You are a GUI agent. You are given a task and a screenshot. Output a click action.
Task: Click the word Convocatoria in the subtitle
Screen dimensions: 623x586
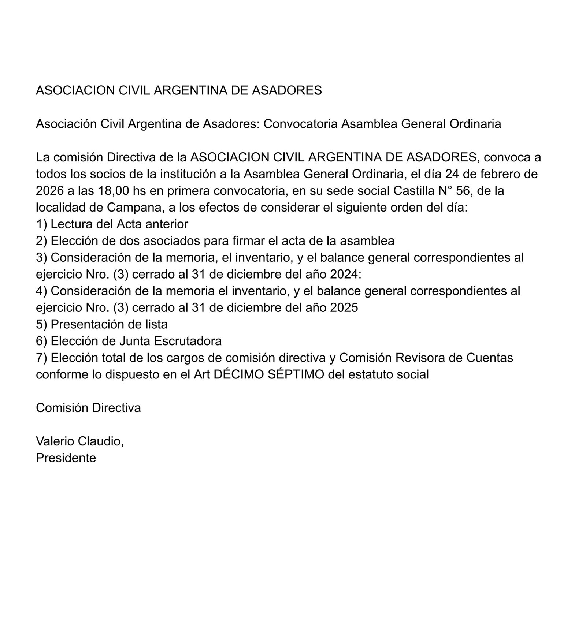pos(300,124)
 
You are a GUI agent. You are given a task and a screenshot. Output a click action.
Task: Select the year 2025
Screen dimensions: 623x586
pos(344,307)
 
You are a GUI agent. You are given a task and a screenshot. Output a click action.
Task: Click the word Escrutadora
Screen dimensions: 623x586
pos(188,341)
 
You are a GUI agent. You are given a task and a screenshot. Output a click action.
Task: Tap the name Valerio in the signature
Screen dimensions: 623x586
pos(55,441)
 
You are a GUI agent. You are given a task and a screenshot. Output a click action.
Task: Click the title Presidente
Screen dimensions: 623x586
pos(66,458)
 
